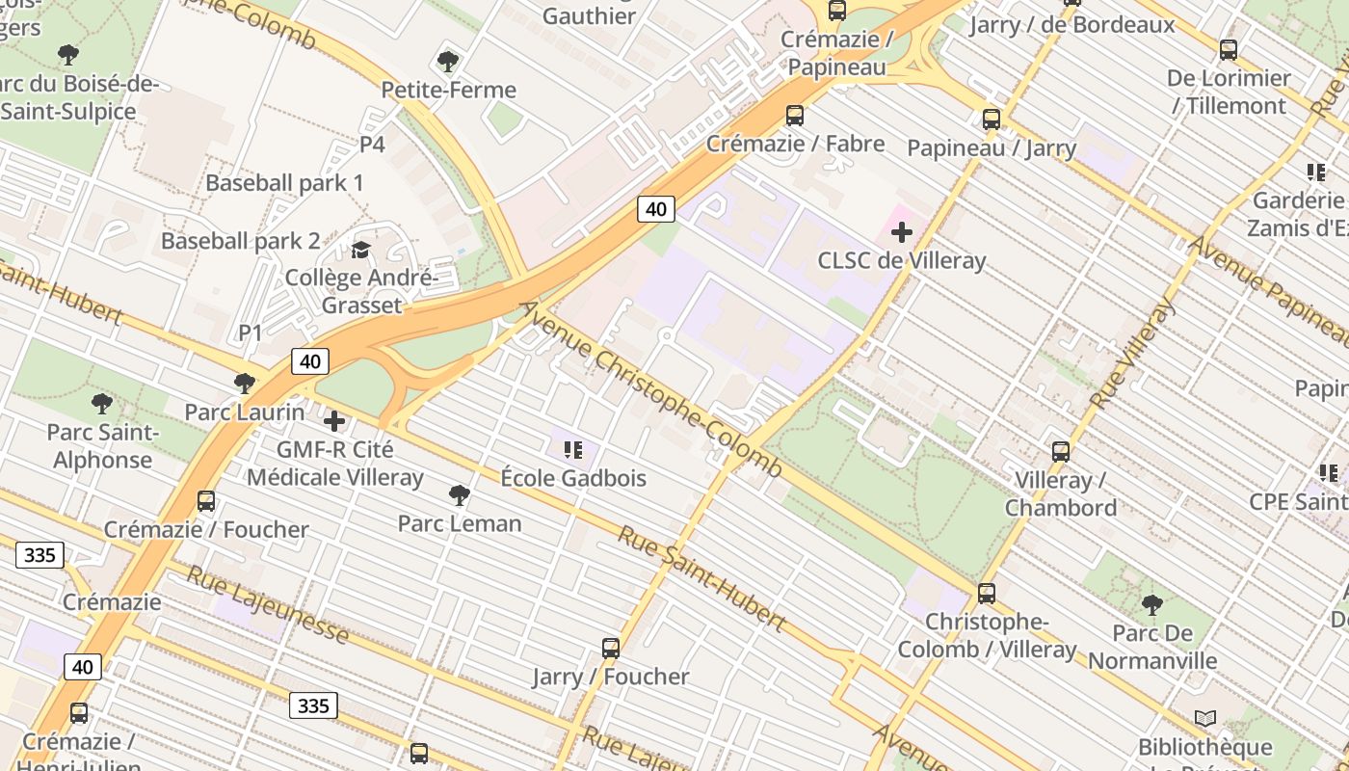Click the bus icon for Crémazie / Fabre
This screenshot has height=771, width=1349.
pyautogui.click(x=795, y=116)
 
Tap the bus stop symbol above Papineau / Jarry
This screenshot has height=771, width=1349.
pyautogui.click(x=992, y=120)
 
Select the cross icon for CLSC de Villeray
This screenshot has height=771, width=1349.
pyautogui.click(x=902, y=232)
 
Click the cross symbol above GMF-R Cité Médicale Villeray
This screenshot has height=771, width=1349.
pyautogui.click(x=334, y=421)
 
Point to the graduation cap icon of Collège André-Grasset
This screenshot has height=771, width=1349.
pyautogui.click(x=360, y=251)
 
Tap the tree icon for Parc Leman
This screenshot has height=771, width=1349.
pyautogui.click(x=460, y=495)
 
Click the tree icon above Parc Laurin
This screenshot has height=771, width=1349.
pyautogui.click(x=245, y=384)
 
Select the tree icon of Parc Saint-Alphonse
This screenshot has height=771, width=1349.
pyautogui.click(x=102, y=404)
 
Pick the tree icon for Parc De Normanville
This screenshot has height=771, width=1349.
pyautogui.click(x=1151, y=605)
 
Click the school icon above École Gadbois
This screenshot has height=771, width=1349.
pyautogui.click(x=573, y=449)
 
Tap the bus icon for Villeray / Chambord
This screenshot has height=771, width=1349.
pyautogui.click(x=1061, y=451)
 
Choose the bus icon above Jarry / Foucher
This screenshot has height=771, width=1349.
pyautogui.click(x=611, y=648)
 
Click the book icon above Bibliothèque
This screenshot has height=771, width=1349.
pyautogui.click(x=1204, y=719)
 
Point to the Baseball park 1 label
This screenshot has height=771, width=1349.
pyautogui.click(x=284, y=183)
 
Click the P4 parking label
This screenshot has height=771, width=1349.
pyautogui.click(x=372, y=145)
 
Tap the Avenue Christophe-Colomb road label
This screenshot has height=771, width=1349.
pyautogui.click(x=650, y=389)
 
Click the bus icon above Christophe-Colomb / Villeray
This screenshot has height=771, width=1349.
pyautogui.click(x=987, y=594)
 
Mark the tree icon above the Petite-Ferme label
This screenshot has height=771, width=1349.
pyautogui.click(x=447, y=62)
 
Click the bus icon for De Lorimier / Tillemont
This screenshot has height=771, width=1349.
pyautogui.click(x=1229, y=50)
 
